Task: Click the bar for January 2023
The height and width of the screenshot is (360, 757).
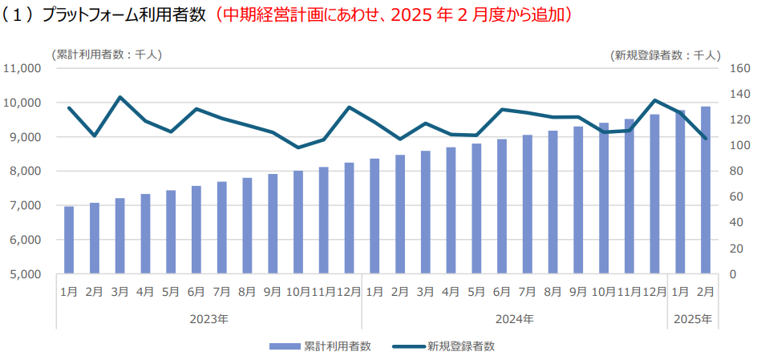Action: (69, 240)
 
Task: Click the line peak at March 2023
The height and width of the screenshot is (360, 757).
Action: (119, 97)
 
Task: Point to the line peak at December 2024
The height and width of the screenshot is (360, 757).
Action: (654, 100)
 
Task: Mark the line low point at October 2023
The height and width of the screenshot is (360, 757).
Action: (298, 148)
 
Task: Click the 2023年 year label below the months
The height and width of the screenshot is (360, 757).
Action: (208, 318)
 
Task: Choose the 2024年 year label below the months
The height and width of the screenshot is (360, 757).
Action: (514, 318)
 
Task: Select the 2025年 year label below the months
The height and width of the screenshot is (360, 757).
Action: (693, 318)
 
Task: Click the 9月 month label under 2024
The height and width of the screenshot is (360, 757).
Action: (578, 291)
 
